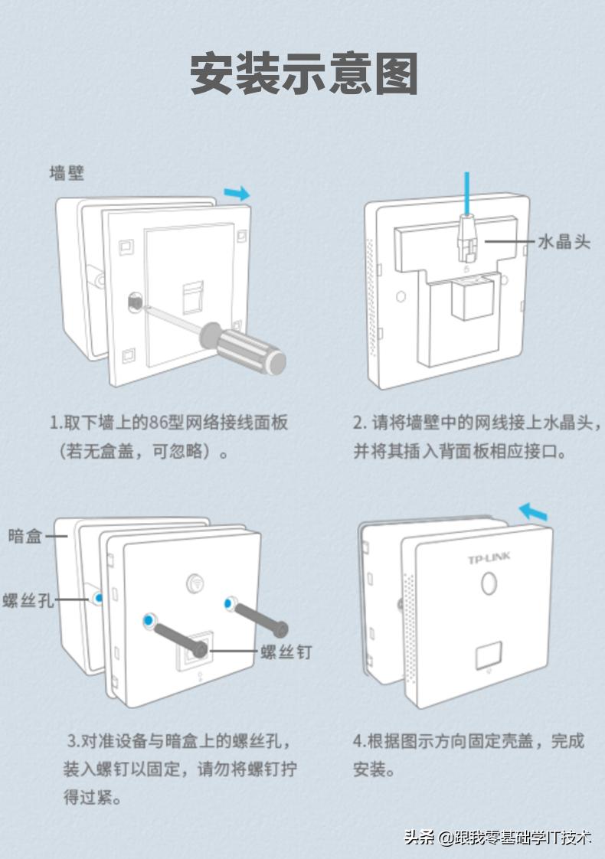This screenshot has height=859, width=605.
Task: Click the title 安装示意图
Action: [303, 73]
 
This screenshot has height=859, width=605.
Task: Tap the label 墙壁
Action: [67, 173]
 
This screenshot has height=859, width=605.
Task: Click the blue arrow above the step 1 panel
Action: [238, 193]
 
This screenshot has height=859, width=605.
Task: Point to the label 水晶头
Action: [564, 242]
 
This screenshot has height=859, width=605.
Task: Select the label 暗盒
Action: [25, 535]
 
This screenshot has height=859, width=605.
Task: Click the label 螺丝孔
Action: [28, 600]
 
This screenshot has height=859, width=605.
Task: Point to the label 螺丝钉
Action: [286, 652]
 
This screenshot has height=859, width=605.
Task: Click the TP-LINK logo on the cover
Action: [489, 560]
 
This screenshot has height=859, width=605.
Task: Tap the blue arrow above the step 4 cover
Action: [534, 511]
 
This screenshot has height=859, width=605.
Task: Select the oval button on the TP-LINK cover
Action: [488, 584]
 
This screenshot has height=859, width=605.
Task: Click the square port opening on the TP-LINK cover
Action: [489, 656]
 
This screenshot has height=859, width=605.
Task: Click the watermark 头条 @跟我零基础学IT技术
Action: [498, 837]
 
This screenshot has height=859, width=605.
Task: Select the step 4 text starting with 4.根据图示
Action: [468, 741]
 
